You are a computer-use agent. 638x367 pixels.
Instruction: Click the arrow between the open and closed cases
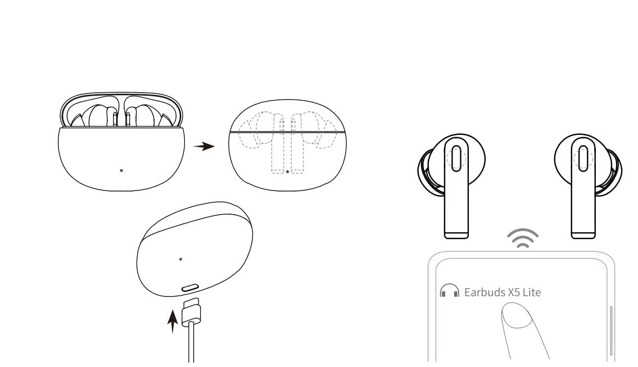click(x=204, y=147)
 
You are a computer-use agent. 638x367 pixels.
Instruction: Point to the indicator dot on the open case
click(x=122, y=170)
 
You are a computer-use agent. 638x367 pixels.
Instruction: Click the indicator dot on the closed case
click(x=287, y=171)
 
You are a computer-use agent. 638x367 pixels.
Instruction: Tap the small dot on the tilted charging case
click(x=180, y=259)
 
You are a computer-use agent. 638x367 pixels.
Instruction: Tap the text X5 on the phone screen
click(x=514, y=292)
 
